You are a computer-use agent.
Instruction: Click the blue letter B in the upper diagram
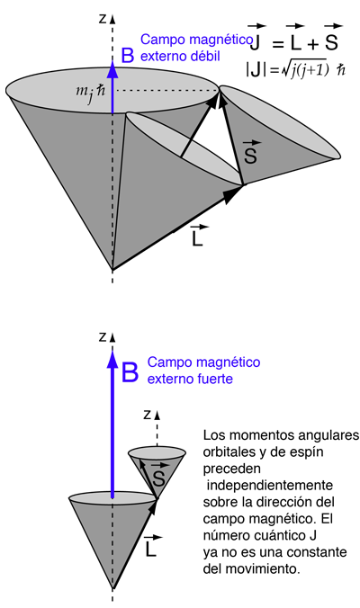[128, 55]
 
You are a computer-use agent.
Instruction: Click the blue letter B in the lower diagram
[130, 372]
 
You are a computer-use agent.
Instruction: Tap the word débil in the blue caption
[205, 56]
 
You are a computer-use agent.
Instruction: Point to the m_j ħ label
[90, 93]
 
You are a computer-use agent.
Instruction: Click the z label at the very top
[103, 18]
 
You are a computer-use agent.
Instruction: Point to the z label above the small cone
[147, 415]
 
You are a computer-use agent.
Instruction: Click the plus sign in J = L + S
[312, 44]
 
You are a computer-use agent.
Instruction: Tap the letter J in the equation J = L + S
[255, 42]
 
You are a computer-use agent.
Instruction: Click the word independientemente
[270, 485]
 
